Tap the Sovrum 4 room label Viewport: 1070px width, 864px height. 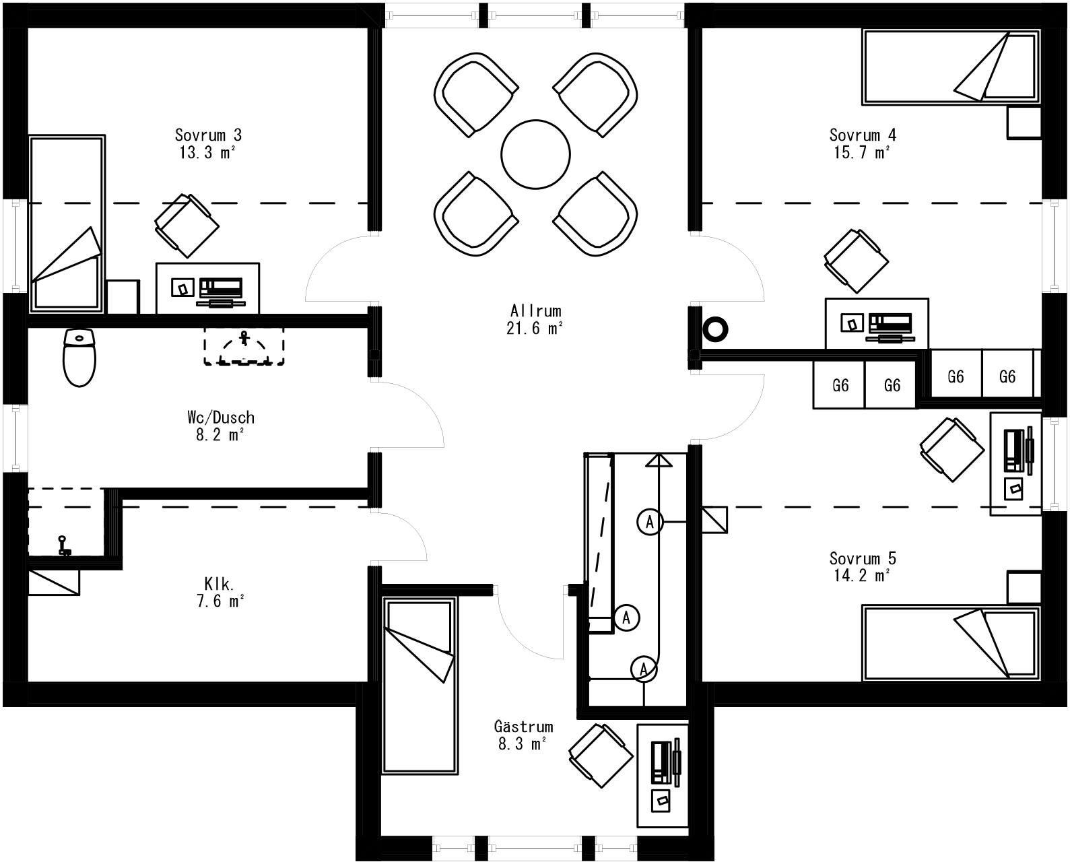[x=863, y=135]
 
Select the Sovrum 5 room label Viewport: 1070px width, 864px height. [x=863, y=558]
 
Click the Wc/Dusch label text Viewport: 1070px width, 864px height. [x=221, y=418]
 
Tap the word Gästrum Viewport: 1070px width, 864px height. [x=523, y=727]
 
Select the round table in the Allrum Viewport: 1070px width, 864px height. [x=535, y=154]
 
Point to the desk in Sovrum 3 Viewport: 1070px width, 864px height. [x=207, y=288]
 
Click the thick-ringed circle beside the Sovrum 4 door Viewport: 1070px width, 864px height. [x=715, y=329]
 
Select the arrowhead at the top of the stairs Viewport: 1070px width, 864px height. [x=659, y=461]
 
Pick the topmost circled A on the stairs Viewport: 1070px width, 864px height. [x=650, y=521]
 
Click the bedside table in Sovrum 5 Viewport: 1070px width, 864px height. [x=1024, y=587]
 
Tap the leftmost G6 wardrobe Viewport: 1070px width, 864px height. [x=839, y=385]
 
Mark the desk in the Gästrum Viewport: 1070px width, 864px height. [x=662, y=775]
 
